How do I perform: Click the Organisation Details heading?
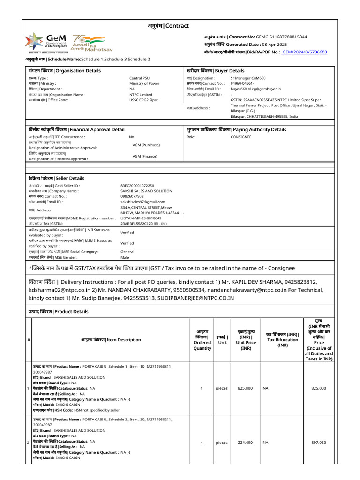coord(65,71)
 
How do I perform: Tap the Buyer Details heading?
coord(216,71)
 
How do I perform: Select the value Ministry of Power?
coord(144,83)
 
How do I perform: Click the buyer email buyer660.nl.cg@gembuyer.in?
coord(255,89)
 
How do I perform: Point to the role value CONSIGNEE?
coord(241,137)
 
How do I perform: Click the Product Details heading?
coord(59,312)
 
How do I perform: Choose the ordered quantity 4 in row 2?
coord(201,442)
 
